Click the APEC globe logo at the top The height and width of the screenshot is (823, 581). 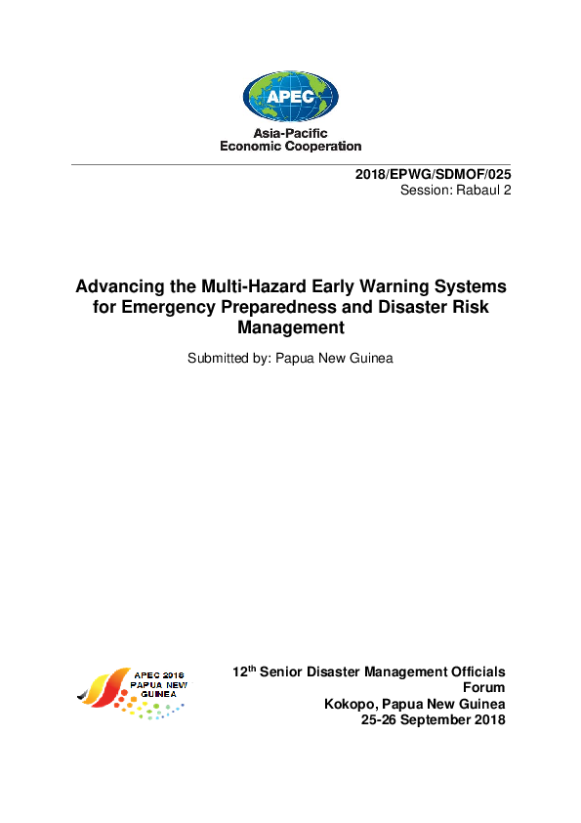pos(290,96)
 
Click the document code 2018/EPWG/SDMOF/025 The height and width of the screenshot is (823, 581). pos(433,174)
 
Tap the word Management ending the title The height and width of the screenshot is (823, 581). pos(291,328)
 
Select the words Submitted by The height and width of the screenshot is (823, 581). pos(230,358)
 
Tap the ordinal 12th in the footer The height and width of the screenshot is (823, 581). pos(243,671)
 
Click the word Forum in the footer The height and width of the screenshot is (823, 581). pos(483,688)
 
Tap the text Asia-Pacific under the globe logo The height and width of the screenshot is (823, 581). pos(290,133)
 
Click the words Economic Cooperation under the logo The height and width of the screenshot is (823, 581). pos(290,147)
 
